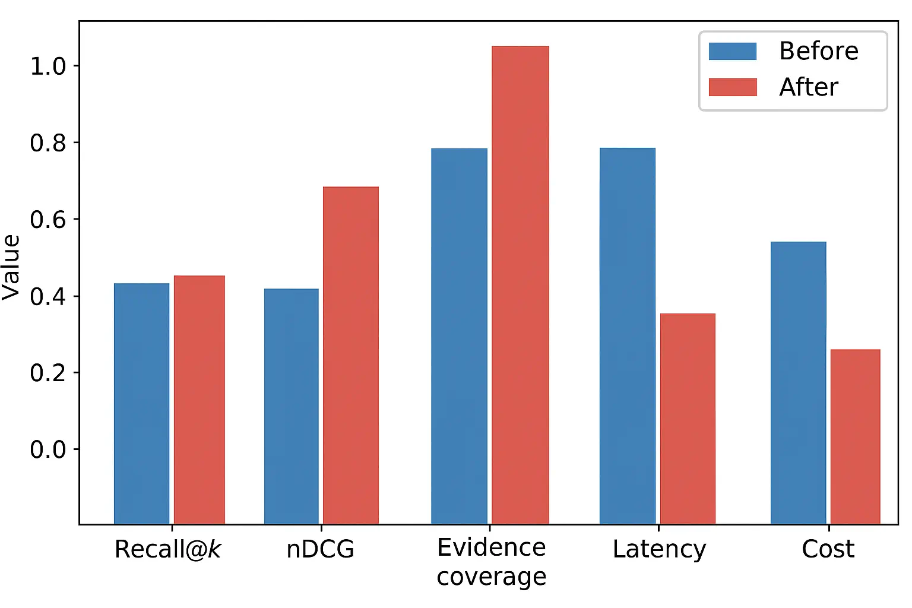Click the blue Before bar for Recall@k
pos(141,403)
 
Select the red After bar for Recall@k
pos(199,399)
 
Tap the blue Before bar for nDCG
pos(291,406)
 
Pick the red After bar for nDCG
pos(350,355)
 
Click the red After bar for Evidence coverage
pos(520,285)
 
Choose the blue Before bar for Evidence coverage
pos(459,336)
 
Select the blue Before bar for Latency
pos(627,335)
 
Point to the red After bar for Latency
pos(688,419)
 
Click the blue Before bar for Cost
pos(798,382)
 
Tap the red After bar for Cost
pos(855,436)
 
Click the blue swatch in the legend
pos(733,52)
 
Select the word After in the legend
pos(808,87)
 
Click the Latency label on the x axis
pos(659,549)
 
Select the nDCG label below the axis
pos(320,549)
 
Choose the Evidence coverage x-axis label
pos(491,562)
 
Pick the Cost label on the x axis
pos(828,549)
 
